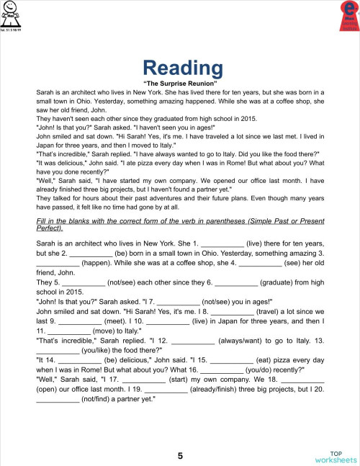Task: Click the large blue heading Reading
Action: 182,68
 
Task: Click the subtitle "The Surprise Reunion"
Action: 180,84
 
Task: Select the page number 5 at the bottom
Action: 180,455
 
